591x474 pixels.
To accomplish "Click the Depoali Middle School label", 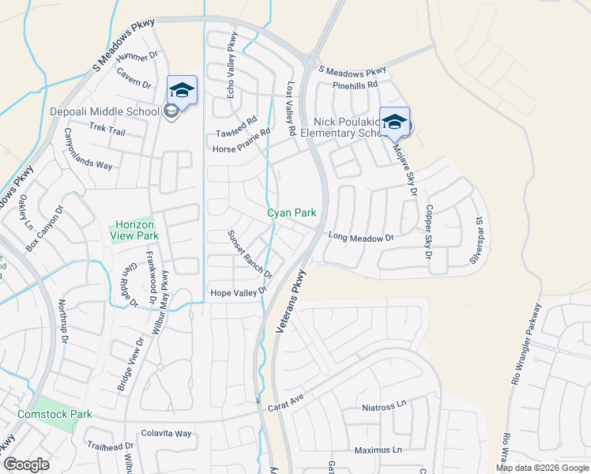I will point(105,111).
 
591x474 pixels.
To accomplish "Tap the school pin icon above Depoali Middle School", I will point(181,90).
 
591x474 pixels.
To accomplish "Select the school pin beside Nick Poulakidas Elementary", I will point(394,122).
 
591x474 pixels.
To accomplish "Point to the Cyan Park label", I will point(291,213).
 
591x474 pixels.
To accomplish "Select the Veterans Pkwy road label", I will point(291,300).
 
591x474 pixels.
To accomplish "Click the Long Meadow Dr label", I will point(361,236).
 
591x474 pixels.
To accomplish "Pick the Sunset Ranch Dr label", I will point(250,254).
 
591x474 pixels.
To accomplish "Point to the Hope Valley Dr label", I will point(237,293).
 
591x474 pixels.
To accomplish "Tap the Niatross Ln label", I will point(383,406).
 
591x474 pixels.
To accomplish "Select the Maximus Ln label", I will point(378,450).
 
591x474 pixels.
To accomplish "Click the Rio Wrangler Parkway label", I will point(526,344).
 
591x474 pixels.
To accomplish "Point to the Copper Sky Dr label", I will point(428,232).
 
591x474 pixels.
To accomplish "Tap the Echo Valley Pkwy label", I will point(232,66).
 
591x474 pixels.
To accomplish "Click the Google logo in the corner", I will point(27,465).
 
